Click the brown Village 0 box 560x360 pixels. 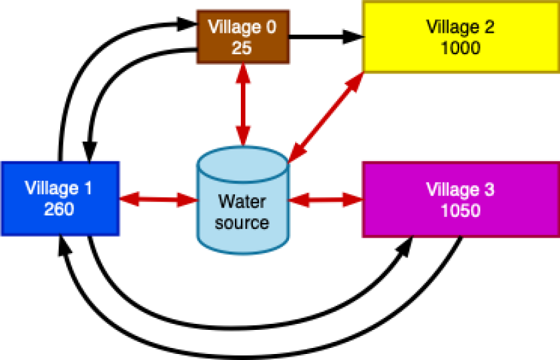click(x=243, y=37)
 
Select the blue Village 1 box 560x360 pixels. click(x=60, y=198)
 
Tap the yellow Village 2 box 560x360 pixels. click(x=460, y=37)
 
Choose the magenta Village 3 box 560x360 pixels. click(x=460, y=199)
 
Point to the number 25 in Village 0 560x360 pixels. click(x=242, y=48)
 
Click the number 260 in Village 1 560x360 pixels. click(x=59, y=209)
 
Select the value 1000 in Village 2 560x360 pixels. click(x=460, y=48)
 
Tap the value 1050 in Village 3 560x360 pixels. click(x=460, y=210)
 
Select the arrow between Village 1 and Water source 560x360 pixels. click(x=158, y=198)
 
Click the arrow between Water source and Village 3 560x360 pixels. click(x=324, y=198)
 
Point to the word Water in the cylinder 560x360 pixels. click(x=242, y=201)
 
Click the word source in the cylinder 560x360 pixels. click(x=242, y=222)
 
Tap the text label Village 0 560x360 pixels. click(x=242, y=27)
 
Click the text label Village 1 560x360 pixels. click(x=59, y=188)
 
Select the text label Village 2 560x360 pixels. click(x=460, y=27)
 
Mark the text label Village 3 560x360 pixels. click(x=460, y=189)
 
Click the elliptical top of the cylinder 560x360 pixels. click(x=242, y=162)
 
